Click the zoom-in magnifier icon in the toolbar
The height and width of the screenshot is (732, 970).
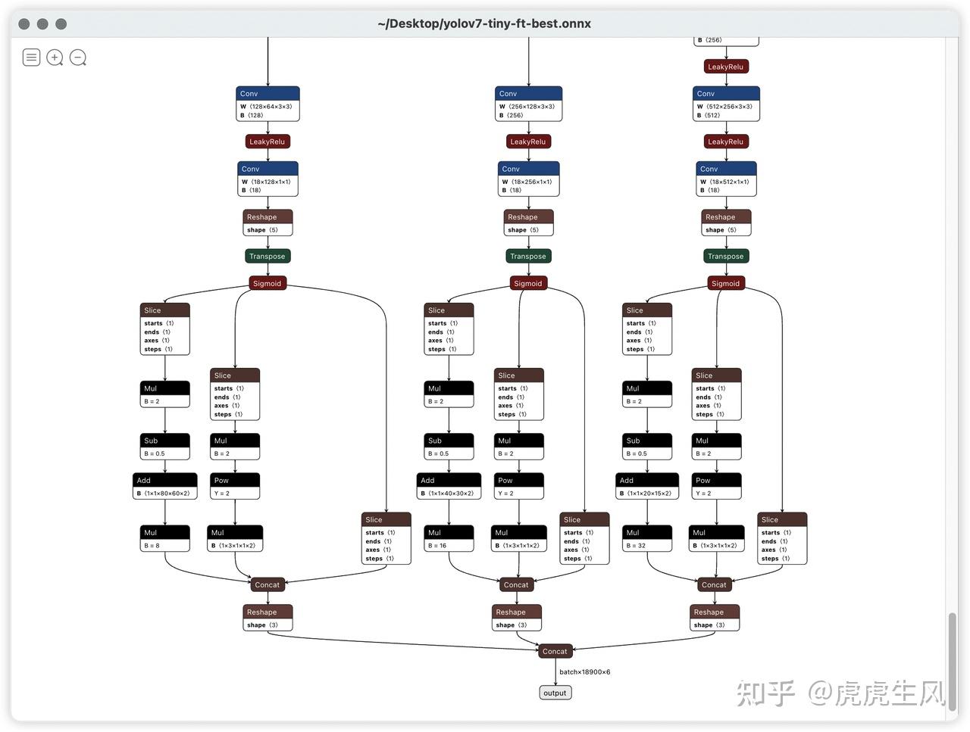[55, 58]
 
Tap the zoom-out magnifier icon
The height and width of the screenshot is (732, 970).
[78, 58]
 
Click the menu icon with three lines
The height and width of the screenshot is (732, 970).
[31, 58]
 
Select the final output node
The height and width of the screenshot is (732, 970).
[555, 693]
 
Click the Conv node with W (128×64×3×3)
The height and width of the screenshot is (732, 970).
[268, 104]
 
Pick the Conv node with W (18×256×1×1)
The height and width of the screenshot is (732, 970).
[528, 179]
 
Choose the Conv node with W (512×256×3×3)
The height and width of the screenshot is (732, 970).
[726, 104]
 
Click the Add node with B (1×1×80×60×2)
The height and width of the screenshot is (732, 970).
[165, 486]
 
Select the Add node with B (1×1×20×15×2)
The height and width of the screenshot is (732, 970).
[647, 486]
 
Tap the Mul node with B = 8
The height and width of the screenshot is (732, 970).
[165, 538]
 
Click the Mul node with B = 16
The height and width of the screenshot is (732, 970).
[449, 538]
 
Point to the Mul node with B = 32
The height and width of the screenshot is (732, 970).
[647, 538]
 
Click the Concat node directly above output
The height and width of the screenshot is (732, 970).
[555, 651]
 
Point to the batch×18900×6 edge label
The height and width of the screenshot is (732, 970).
[584, 672]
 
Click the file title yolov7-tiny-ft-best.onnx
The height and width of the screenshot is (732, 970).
[484, 23]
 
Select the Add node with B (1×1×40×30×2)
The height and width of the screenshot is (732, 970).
[449, 486]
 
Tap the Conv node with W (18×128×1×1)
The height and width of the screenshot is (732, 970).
[268, 179]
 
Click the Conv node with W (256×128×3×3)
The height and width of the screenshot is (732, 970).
[528, 104]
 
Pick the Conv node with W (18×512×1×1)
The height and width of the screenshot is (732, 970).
[726, 179]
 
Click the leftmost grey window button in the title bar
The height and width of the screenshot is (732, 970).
[24, 23]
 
